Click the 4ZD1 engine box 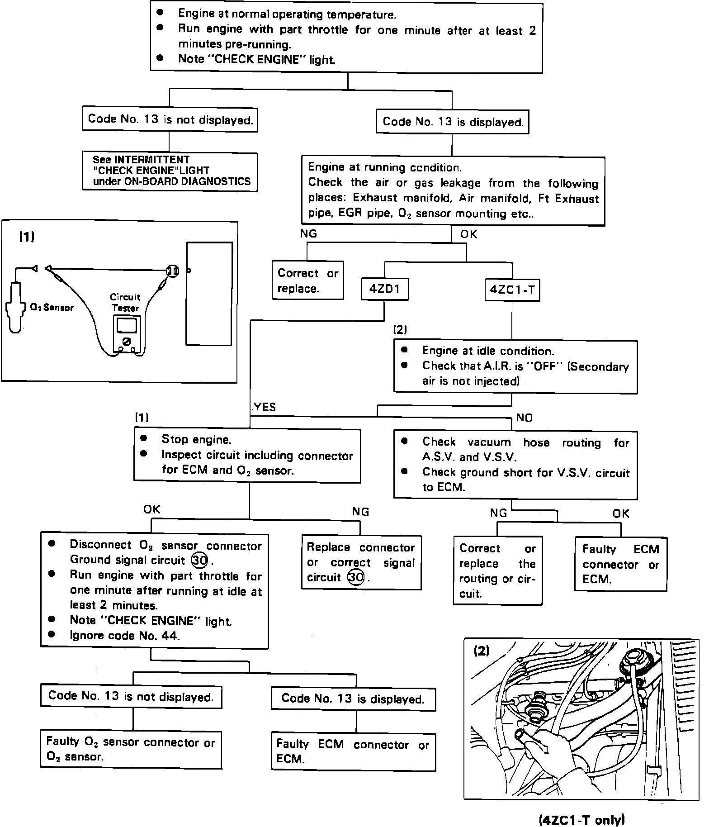coord(384,289)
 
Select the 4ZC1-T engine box coord(512,290)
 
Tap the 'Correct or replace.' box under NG coord(307,280)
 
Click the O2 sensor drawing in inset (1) coord(14,308)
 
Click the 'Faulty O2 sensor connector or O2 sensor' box coord(131,749)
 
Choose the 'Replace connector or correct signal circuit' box coord(361,562)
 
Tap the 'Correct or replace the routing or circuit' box coord(497,570)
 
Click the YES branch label coord(265,407)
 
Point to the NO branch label coord(525,418)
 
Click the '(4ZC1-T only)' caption coord(582,819)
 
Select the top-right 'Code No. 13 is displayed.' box coord(453,122)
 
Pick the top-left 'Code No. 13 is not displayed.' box coord(170,119)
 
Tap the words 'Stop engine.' coord(196,439)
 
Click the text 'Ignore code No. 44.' coord(125,636)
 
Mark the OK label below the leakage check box coord(469,234)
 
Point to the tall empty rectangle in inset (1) coord(209,294)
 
